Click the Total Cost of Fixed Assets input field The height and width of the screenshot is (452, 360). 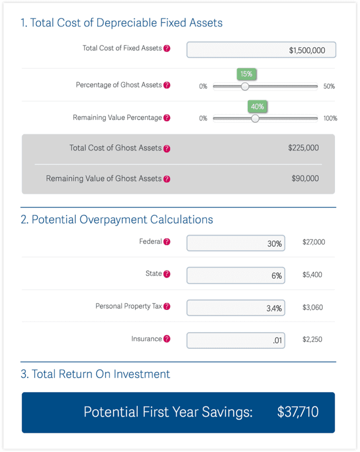coord(261,49)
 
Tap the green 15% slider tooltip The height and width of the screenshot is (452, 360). coord(246,74)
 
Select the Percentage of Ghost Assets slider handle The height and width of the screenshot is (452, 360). coord(245,86)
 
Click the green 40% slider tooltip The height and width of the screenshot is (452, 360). coord(257,106)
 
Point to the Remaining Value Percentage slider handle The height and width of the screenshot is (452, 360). coord(255,118)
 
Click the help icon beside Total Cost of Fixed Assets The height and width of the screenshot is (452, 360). coord(167,48)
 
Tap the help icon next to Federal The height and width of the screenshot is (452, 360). coord(167,242)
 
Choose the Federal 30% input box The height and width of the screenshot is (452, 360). coord(236,243)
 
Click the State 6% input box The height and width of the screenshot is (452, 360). coord(236,275)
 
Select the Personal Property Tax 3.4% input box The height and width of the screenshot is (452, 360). coord(236,308)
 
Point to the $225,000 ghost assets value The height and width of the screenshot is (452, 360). coord(303,148)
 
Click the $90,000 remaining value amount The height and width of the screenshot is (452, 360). coord(305,179)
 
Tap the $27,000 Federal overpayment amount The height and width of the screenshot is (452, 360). coord(313,242)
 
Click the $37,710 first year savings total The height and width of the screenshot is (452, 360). coord(298,412)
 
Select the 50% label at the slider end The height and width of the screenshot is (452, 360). coord(329,87)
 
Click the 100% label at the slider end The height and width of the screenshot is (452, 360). coord(330,118)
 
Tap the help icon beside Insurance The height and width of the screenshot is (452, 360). coord(167,339)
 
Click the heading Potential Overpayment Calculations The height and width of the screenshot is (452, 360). coord(117,219)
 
